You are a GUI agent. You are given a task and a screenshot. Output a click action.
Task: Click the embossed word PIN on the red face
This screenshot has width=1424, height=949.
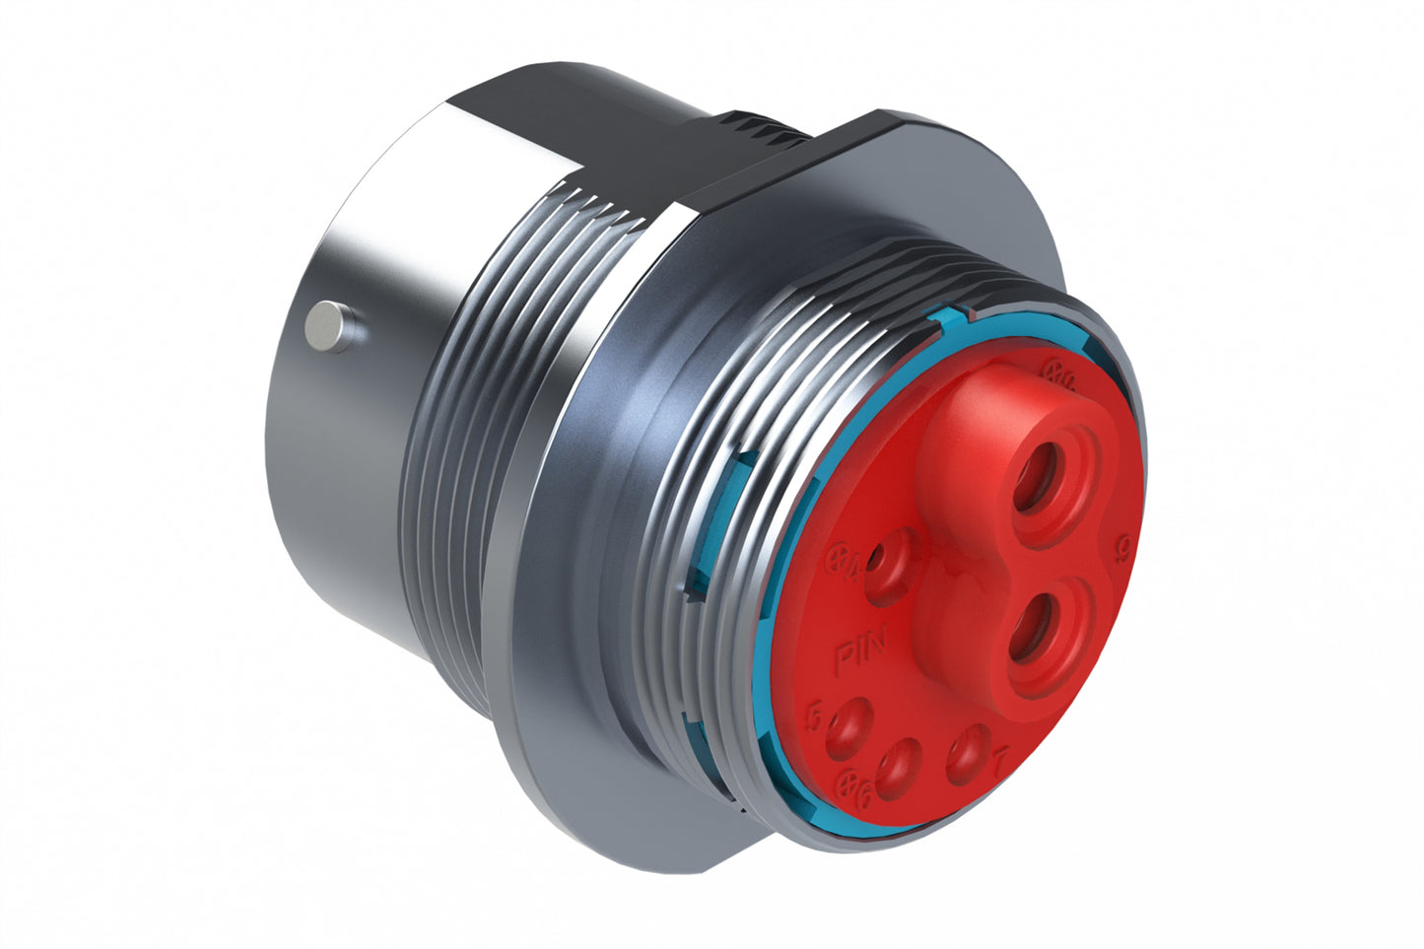point(860,655)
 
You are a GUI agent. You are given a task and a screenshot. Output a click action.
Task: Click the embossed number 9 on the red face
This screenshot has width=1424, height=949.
point(1119,547)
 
